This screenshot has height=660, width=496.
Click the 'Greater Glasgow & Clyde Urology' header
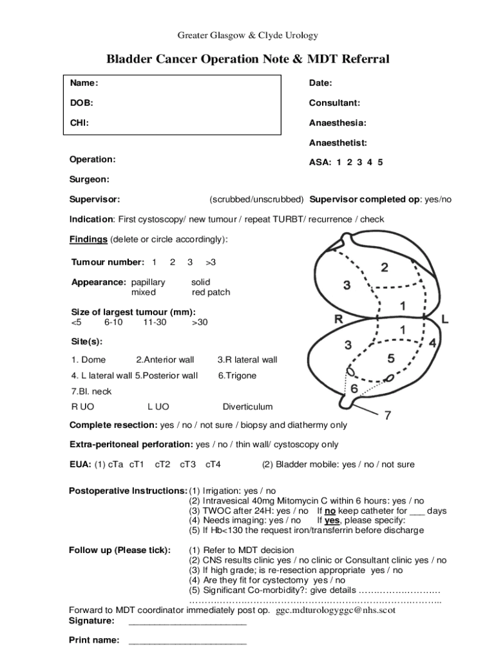(x=248, y=35)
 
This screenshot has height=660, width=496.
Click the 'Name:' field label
(x=84, y=83)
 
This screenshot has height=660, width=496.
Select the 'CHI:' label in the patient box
(x=79, y=123)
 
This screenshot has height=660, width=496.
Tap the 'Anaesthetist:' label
(x=338, y=143)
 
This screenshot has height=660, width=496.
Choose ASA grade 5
(x=380, y=163)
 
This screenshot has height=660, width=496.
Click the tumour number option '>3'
(x=211, y=262)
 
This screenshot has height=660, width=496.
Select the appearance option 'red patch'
(x=211, y=293)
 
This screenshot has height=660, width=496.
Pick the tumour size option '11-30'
(x=155, y=322)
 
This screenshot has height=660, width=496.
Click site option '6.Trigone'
(x=236, y=376)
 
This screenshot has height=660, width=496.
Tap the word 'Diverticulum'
(x=247, y=407)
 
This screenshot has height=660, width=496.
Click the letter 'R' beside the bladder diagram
(x=338, y=319)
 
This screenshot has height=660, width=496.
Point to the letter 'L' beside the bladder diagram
(x=445, y=319)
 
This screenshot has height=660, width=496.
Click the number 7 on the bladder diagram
(x=388, y=416)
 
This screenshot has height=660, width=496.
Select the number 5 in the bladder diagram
(x=390, y=358)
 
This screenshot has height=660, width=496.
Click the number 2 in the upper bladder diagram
(x=384, y=267)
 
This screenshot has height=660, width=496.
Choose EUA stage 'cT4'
(x=213, y=465)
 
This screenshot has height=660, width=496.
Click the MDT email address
(x=336, y=610)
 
